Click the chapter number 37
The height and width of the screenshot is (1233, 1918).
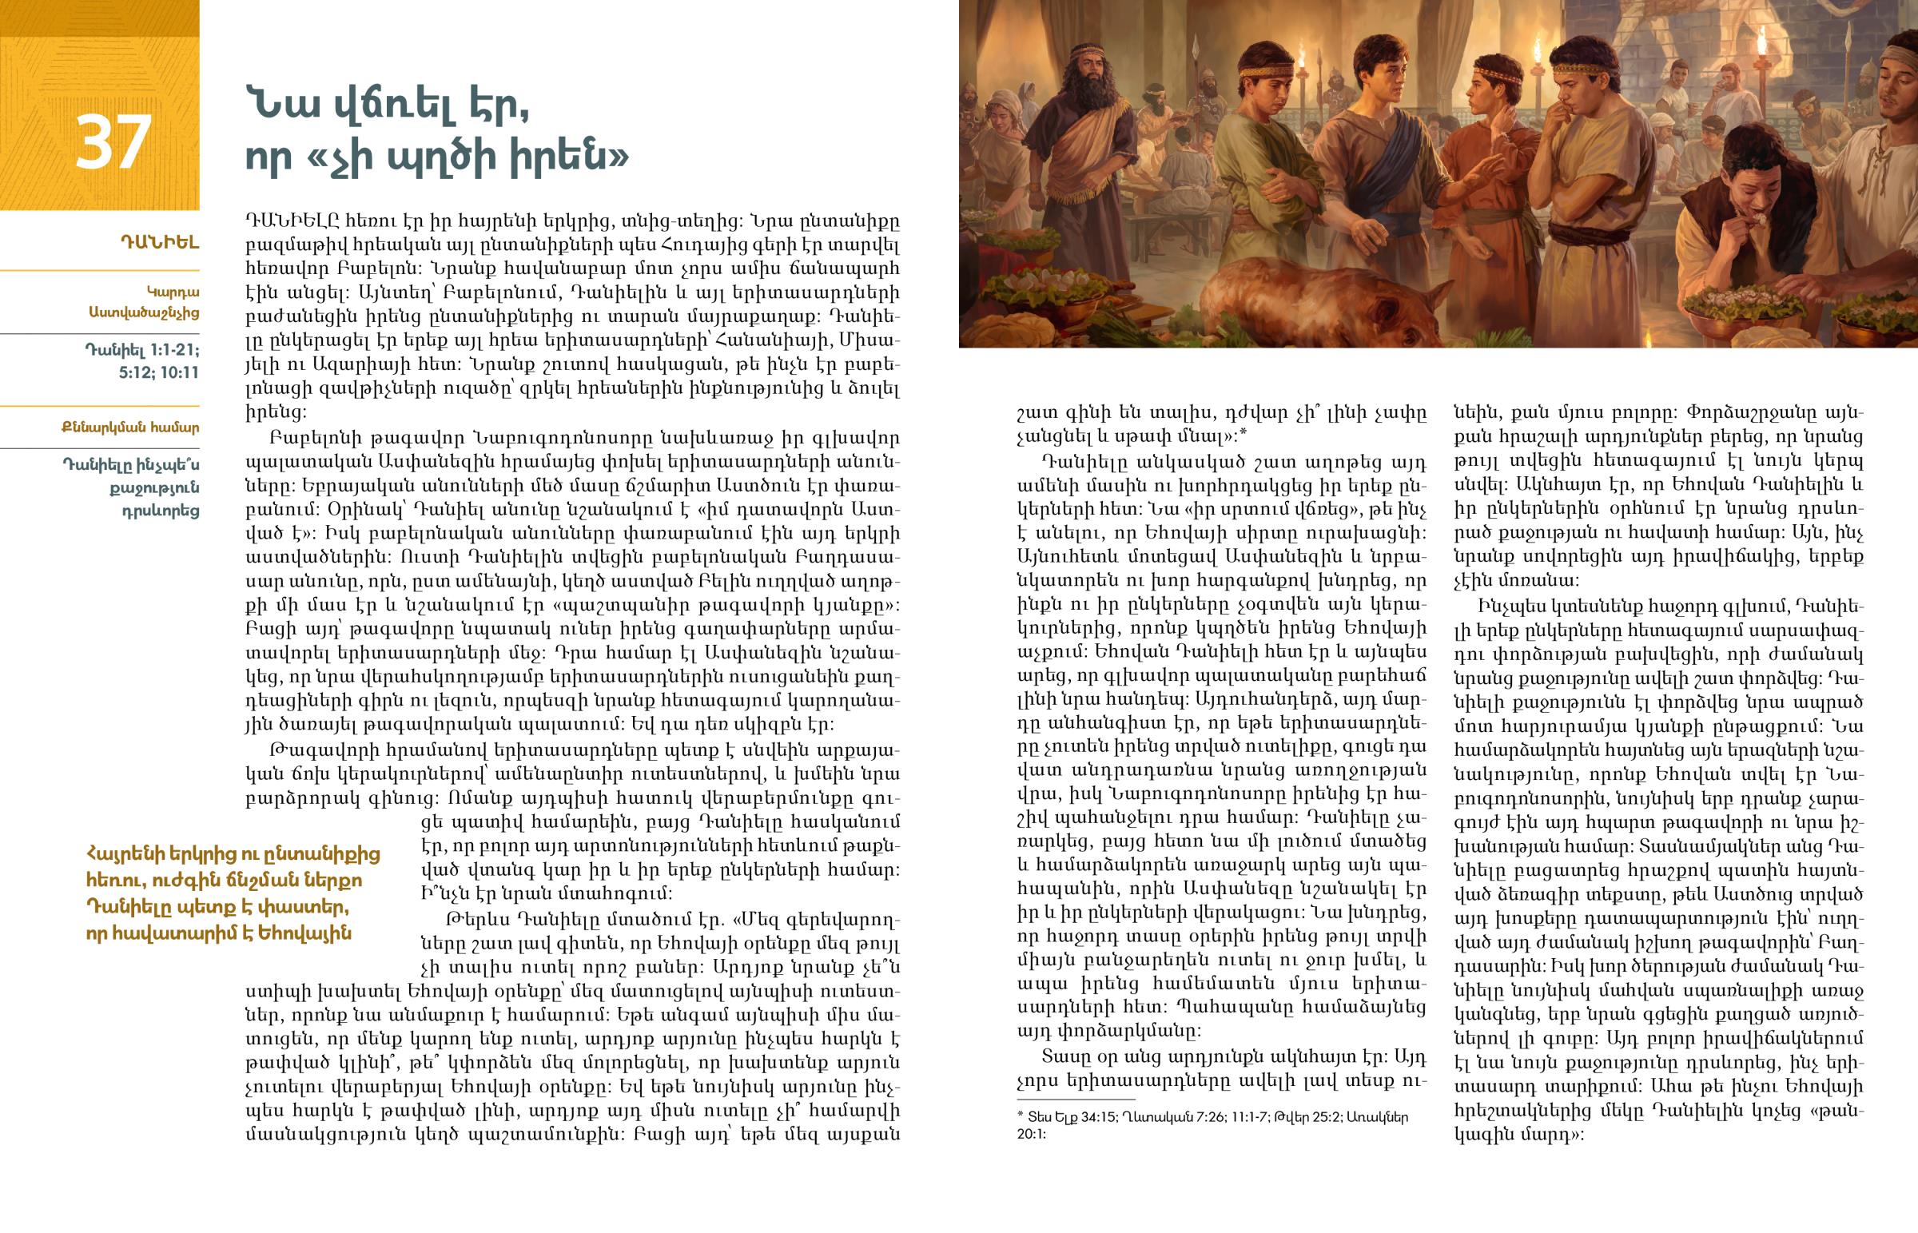[x=113, y=141]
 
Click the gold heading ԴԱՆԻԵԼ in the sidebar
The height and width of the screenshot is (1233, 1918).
[x=159, y=243]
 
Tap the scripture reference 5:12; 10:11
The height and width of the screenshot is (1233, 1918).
[x=158, y=372]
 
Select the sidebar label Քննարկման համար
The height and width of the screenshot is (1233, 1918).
[x=130, y=428]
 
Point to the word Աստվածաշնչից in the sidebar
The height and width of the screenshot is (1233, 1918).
[x=144, y=312]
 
